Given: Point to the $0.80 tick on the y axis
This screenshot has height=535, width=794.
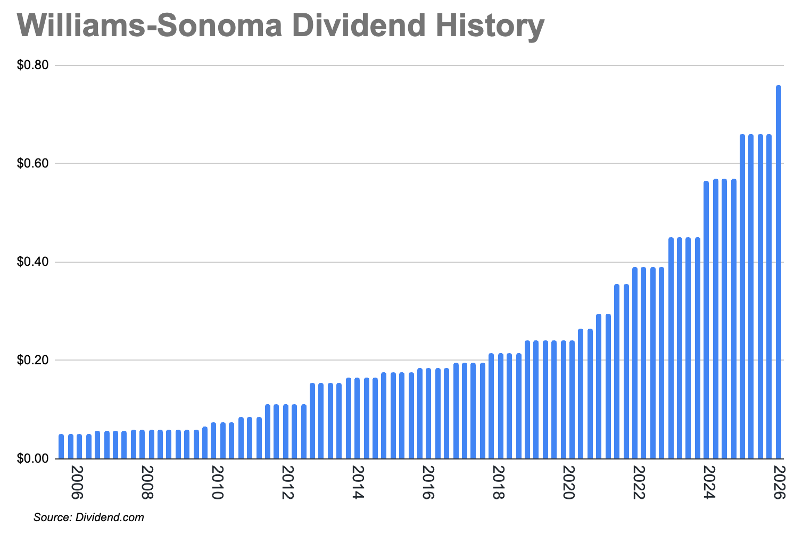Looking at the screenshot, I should point(33,65).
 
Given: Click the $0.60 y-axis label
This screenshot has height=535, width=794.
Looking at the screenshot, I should point(33,163).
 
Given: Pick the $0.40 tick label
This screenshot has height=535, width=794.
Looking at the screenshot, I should point(33,262).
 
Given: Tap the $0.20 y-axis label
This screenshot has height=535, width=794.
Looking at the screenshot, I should point(33,360).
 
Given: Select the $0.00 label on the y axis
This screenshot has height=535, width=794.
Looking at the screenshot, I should point(33,458).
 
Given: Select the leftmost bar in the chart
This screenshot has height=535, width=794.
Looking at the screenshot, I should point(61,447).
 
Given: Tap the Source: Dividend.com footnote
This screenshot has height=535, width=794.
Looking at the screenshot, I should point(88,517).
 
